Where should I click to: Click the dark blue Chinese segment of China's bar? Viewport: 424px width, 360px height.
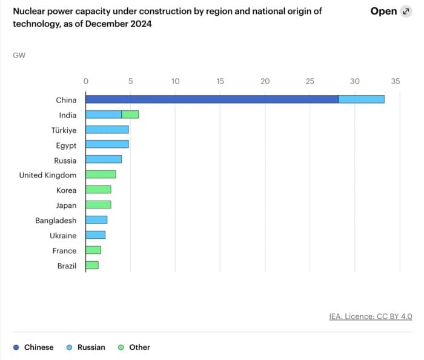tap(211, 99)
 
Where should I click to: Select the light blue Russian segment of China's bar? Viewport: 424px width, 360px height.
tap(361, 99)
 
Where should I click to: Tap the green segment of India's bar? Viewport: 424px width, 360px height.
tap(130, 115)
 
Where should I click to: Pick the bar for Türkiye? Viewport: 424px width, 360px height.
tap(107, 130)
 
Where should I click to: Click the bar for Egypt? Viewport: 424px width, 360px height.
tap(107, 145)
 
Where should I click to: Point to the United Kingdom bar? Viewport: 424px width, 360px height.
tap(101, 175)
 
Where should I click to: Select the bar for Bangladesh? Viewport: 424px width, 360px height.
tap(96, 220)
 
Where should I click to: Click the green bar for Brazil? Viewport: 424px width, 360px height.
tap(92, 265)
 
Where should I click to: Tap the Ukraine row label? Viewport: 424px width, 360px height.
tap(63, 235)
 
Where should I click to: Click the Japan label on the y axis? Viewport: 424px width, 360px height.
tap(66, 205)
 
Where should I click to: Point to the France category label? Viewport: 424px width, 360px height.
tap(64, 250)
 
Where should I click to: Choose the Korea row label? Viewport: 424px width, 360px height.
tap(66, 190)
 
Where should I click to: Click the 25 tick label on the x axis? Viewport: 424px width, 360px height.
tap(310, 81)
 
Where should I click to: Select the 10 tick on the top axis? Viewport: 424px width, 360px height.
tap(175, 81)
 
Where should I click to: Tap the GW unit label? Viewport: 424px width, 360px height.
tap(19, 55)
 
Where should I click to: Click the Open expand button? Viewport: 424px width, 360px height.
tap(390, 12)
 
